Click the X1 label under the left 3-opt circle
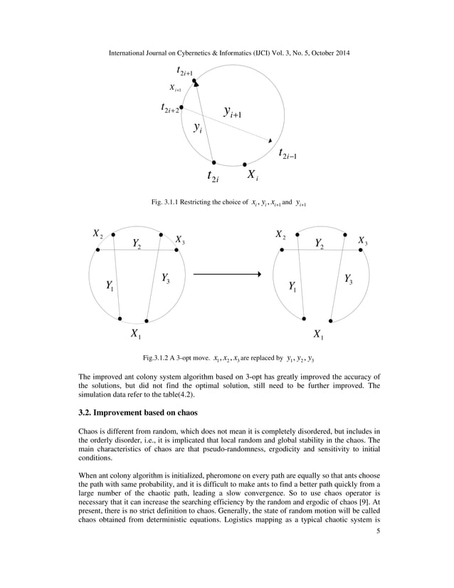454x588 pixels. click(x=134, y=333)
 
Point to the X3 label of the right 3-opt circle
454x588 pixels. click(x=363, y=241)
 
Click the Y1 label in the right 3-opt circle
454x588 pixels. click(x=292, y=286)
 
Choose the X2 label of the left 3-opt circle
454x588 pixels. click(x=97, y=234)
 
